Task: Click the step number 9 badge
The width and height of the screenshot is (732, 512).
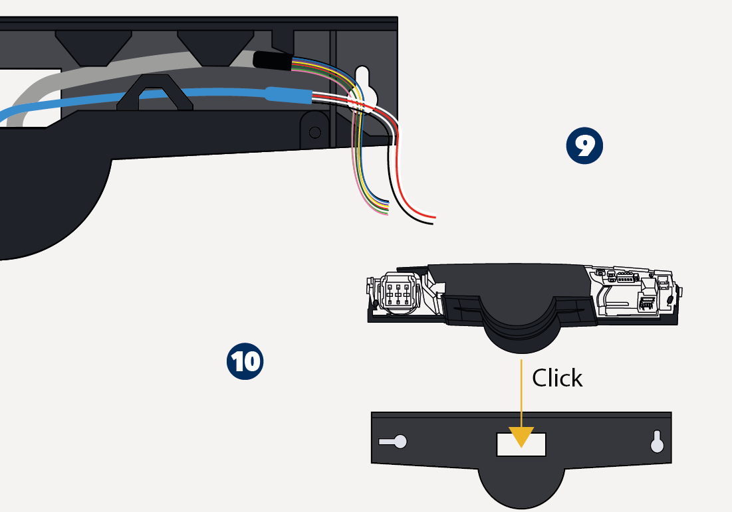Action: point(584,146)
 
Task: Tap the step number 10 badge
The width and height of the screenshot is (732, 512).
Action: point(245,361)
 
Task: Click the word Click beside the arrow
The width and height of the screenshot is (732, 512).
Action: point(557,378)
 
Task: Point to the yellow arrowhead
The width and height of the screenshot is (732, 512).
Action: point(521,436)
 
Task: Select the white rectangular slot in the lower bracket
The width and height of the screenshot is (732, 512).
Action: point(521,445)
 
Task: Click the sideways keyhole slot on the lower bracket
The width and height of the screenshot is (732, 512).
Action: point(394,441)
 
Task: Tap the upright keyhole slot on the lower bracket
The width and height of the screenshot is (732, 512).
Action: point(658,441)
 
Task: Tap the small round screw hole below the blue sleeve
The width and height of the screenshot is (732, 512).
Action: point(314,129)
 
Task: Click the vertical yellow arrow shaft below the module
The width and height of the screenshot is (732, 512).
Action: point(521,395)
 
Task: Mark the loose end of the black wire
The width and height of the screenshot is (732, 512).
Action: point(430,223)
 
